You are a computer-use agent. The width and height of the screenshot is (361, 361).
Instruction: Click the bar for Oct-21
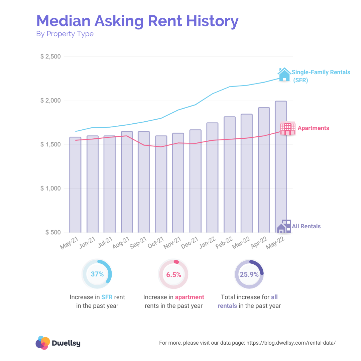click(x=161, y=184)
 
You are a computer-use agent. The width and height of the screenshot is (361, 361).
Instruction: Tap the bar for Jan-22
click(x=212, y=177)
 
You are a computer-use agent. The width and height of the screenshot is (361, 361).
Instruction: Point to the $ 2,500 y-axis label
click(x=50, y=56)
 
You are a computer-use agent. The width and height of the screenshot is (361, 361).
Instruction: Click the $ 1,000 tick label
click(x=50, y=189)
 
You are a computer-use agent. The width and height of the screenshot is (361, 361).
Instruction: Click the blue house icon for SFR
click(x=284, y=74)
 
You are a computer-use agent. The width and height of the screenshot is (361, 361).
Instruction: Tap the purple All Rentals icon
click(x=284, y=226)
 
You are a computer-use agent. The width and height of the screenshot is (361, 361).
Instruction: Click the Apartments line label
click(x=313, y=128)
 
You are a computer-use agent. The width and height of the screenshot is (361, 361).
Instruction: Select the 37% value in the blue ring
click(x=97, y=274)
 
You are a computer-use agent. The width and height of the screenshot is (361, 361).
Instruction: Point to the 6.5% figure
click(x=174, y=275)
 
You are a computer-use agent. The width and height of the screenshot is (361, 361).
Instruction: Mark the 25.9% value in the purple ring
click(x=249, y=275)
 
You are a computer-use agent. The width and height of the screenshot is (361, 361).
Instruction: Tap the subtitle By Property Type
click(x=65, y=34)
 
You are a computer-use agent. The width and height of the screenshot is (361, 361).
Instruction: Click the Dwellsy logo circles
click(x=42, y=343)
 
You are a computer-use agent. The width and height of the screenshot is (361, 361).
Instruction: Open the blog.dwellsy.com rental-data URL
click(x=291, y=343)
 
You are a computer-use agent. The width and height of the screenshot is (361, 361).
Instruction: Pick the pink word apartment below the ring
click(x=190, y=297)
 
